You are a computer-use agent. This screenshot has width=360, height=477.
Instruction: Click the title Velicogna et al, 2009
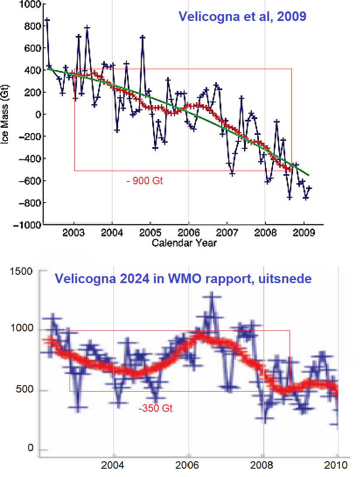coord(242,18)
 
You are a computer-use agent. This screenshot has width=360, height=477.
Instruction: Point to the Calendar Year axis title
coord(184,243)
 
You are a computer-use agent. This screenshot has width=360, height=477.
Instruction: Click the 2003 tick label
coord(74,233)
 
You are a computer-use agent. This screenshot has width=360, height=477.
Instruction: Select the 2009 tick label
coord(304,233)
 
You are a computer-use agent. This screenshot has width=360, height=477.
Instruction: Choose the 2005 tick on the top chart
coord(150,233)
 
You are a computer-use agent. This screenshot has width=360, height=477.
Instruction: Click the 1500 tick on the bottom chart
coord(21,272)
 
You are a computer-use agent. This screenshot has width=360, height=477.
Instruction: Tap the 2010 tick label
coord(337,465)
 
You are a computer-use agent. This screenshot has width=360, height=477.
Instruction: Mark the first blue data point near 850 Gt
coord(47,20)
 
